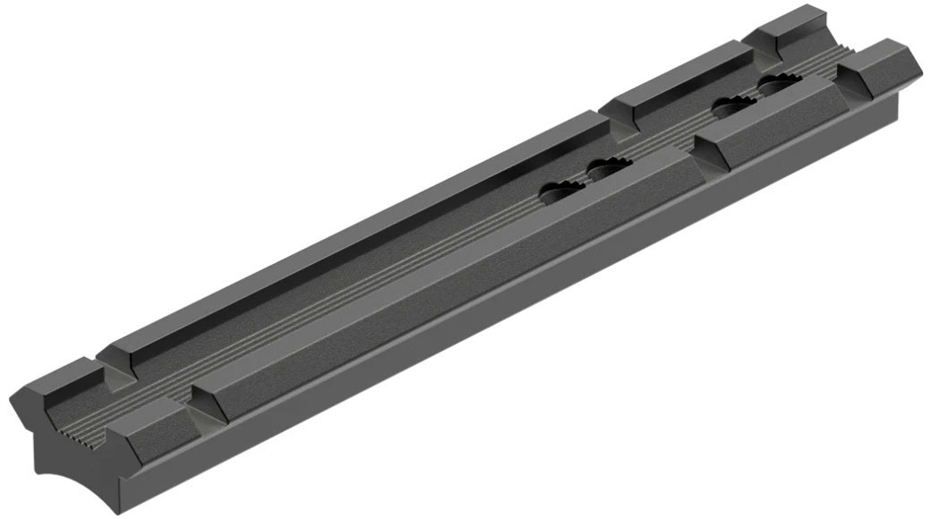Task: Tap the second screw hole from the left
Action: click(609, 166)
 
